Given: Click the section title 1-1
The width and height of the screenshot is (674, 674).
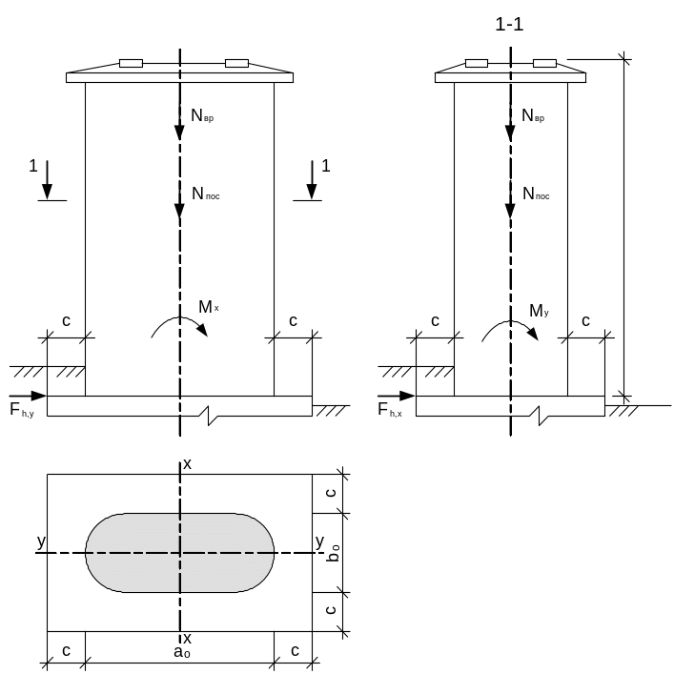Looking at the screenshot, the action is click(509, 24).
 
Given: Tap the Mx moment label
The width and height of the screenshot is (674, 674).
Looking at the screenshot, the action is click(209, 307).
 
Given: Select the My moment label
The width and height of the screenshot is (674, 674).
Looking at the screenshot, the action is click(539, 311).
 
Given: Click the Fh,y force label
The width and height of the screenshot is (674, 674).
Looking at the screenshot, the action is click(22, 410).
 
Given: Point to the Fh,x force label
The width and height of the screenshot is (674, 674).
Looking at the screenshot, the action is click(390, 410).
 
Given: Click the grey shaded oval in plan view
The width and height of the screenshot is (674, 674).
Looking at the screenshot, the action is click(179, 553).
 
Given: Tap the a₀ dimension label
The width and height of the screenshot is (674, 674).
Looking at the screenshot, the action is click(182, 652).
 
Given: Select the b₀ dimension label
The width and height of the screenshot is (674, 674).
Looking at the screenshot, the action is click(333, 553).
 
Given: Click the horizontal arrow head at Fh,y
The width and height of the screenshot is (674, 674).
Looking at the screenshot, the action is click(39, 396).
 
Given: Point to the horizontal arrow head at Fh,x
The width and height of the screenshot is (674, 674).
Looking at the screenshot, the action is click(407, 396).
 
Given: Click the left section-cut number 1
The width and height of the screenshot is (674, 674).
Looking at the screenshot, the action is click(33, 166).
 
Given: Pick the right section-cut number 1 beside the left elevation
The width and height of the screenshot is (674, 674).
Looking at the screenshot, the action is click(326, 166).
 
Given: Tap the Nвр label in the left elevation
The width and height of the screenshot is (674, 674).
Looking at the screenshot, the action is click(202, 115).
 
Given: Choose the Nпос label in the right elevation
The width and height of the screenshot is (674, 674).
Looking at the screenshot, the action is click(536, 194).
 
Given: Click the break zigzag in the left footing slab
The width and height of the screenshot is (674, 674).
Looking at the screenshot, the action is click(209, 416).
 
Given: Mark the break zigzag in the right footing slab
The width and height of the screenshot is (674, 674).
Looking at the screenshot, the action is click(540, 416).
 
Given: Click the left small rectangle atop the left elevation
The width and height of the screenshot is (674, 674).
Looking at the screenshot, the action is click(132, 63).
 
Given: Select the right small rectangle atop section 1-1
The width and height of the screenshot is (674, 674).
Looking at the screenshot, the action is click(544, 63).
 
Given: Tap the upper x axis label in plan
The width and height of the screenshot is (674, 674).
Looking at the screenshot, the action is click(188, 464).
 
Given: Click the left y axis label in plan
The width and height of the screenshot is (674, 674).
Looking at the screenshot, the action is click(41, 541).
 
